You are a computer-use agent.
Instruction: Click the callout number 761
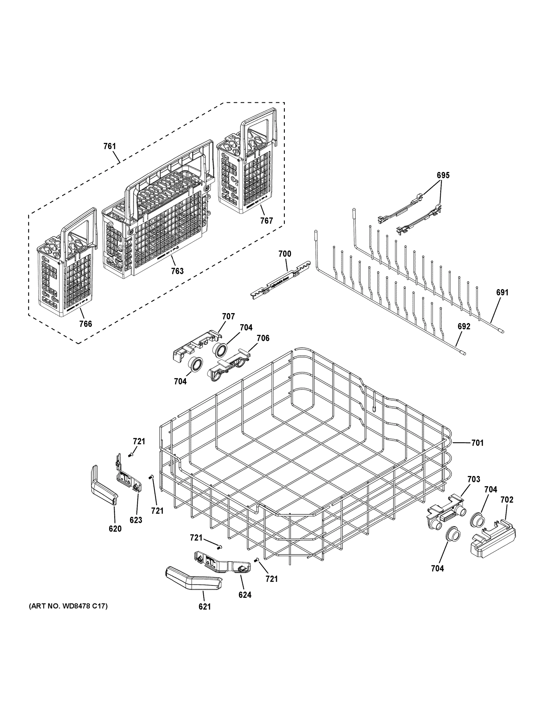pyautogui.click(x=109, y=146)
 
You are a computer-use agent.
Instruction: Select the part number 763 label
pyautogui.click(x=177, y=271)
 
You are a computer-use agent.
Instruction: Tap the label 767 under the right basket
pyautogui.click(x=266, y=221)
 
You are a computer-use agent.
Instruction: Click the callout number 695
pyautogui.click(x=443, y=175)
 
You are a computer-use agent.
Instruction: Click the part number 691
pyautogui.click(x=502, y=293)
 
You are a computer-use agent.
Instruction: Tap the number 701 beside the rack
pyautogui.click(x=477, y=443)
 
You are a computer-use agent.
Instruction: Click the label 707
pyautogui.click(x=228, y=316)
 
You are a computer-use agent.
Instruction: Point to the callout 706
pyautogui.click(x=263, y=338)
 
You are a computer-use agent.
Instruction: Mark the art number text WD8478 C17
pyautogui.click(x=68, y=606)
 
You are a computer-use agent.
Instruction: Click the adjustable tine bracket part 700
pyautogui.click(x=280, y=283)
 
